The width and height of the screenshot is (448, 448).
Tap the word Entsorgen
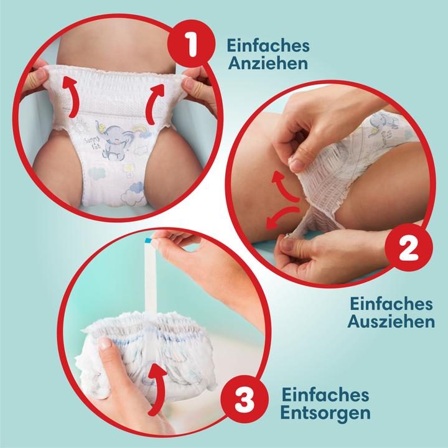325,412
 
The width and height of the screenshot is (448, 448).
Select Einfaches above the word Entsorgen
325,394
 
